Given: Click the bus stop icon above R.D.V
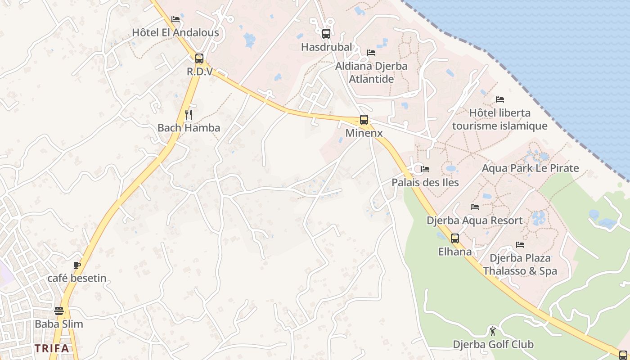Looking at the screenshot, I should point(199,58).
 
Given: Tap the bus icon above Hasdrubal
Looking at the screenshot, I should point(326,34).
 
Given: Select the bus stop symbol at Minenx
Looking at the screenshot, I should point(364,120).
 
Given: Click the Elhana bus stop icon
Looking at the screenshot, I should point(454,238).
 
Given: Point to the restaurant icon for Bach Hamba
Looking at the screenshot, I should point(189,115).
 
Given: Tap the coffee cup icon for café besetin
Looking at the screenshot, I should point(77,265).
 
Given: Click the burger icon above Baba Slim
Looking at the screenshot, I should point(59,311).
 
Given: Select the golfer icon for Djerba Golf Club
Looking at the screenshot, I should point(493,332).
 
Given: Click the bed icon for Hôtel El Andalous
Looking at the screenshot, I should point(175,19).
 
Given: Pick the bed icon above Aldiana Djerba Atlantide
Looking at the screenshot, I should point(371,53).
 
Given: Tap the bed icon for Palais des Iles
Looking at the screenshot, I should point(425,169).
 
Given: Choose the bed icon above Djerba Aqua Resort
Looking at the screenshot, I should point(475,207).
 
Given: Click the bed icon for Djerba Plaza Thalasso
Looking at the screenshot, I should point(520,245).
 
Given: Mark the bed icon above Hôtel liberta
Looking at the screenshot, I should point(499,99).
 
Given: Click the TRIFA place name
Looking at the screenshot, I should point(52,348).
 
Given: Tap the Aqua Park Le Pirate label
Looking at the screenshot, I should point(530,168).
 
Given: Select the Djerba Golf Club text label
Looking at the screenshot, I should point(493,345).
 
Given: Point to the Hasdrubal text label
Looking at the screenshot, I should point(326,47).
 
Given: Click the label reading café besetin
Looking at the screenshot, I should point(77,278).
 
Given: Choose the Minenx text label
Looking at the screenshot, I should point(364,133).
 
